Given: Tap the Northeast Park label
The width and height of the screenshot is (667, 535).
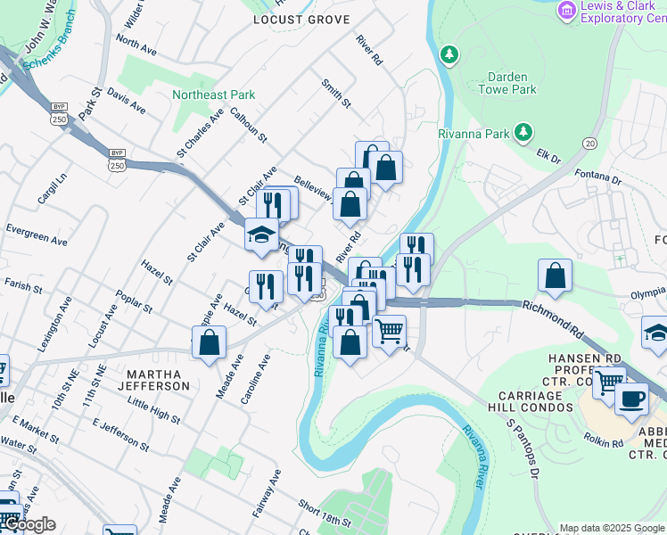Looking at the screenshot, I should coord(214,95).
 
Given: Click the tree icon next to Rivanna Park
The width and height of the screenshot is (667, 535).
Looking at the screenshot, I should coord(525,134).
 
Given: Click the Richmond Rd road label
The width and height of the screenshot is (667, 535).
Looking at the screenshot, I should coord(553,317).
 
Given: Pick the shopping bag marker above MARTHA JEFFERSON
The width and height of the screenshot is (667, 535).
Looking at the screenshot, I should coord(209,342).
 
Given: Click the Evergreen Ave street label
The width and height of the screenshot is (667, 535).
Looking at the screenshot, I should coord(36,235).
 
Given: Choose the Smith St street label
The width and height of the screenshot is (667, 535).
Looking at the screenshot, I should coord(336,94).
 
